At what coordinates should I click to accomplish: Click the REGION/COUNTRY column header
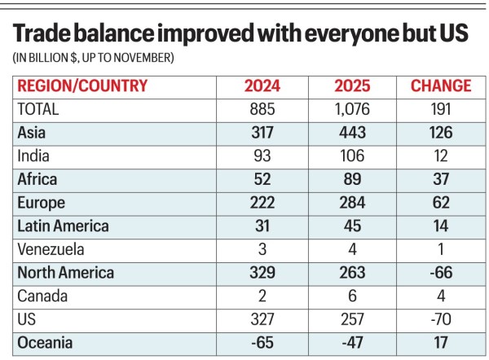(82, 86)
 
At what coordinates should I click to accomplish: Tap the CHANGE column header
(441, 86)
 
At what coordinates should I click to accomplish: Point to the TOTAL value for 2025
(351, 108)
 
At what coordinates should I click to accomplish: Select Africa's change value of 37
(441, 179)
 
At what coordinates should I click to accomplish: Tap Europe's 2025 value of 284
(351, 203)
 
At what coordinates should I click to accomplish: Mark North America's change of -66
(441, 273)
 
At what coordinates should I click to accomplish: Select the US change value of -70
(441, 320)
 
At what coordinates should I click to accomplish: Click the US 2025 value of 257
(351, 320)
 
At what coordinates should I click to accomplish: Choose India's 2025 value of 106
(351, 156)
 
